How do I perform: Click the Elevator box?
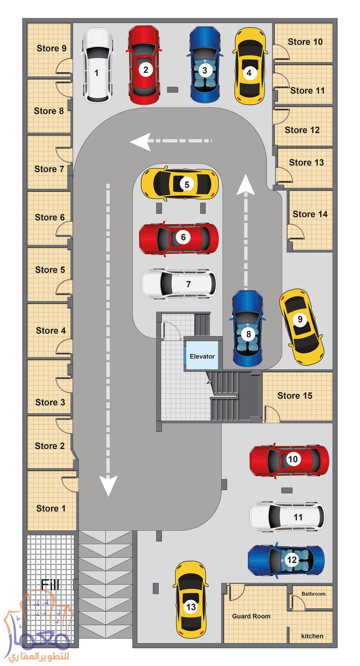click(202, 355)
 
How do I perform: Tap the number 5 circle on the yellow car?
click(187, 184)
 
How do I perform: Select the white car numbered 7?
click(179, 284)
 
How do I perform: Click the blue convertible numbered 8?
click(247, 328)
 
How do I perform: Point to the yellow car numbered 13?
click(191, 600)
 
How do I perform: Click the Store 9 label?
click(51, 48)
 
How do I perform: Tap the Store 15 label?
click(295, 396)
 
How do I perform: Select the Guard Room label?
click(251, 616)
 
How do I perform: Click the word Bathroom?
click(313, 594)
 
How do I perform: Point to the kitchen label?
click(312, 636)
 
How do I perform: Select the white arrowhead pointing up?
click(246, 184)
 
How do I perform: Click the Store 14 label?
click(310, 214)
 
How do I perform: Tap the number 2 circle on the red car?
click(145, 70)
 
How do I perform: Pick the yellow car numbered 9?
click(301, 327)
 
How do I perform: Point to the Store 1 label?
click(50, 508)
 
